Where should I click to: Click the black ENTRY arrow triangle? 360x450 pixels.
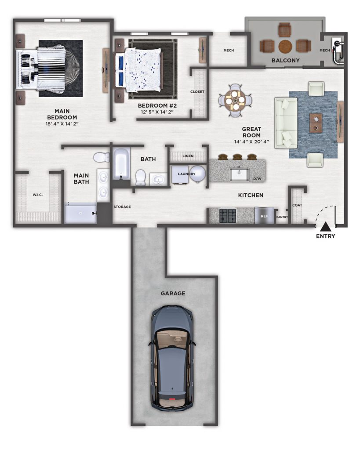click(325, 227)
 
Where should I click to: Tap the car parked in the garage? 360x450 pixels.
click(172, 358)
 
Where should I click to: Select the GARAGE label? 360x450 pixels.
click(173, 293)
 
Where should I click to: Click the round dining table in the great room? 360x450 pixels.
click(235, 101)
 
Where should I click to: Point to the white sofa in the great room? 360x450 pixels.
click(286, 123)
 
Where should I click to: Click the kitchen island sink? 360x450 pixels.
click(239, 175)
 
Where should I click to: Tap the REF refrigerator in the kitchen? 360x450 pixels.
click(264, 215)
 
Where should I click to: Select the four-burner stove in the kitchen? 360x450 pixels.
click(228, 216)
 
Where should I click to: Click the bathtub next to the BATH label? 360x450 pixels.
click(121, 164)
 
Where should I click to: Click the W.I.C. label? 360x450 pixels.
click(38, 195)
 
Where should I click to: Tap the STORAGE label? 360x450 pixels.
click(122, 207)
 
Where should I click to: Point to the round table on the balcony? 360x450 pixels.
click(285, 47)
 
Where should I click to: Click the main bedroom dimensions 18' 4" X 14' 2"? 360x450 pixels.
click(62, 123)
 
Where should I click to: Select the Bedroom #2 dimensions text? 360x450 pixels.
click(157, 112)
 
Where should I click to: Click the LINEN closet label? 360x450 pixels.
click(188, 156)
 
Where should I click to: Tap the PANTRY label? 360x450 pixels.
click(282, 217)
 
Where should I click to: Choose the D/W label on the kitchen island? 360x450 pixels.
click(257, 179)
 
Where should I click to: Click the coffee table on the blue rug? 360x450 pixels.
click(316, 123)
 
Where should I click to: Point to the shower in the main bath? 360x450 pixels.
click(81, 213)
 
